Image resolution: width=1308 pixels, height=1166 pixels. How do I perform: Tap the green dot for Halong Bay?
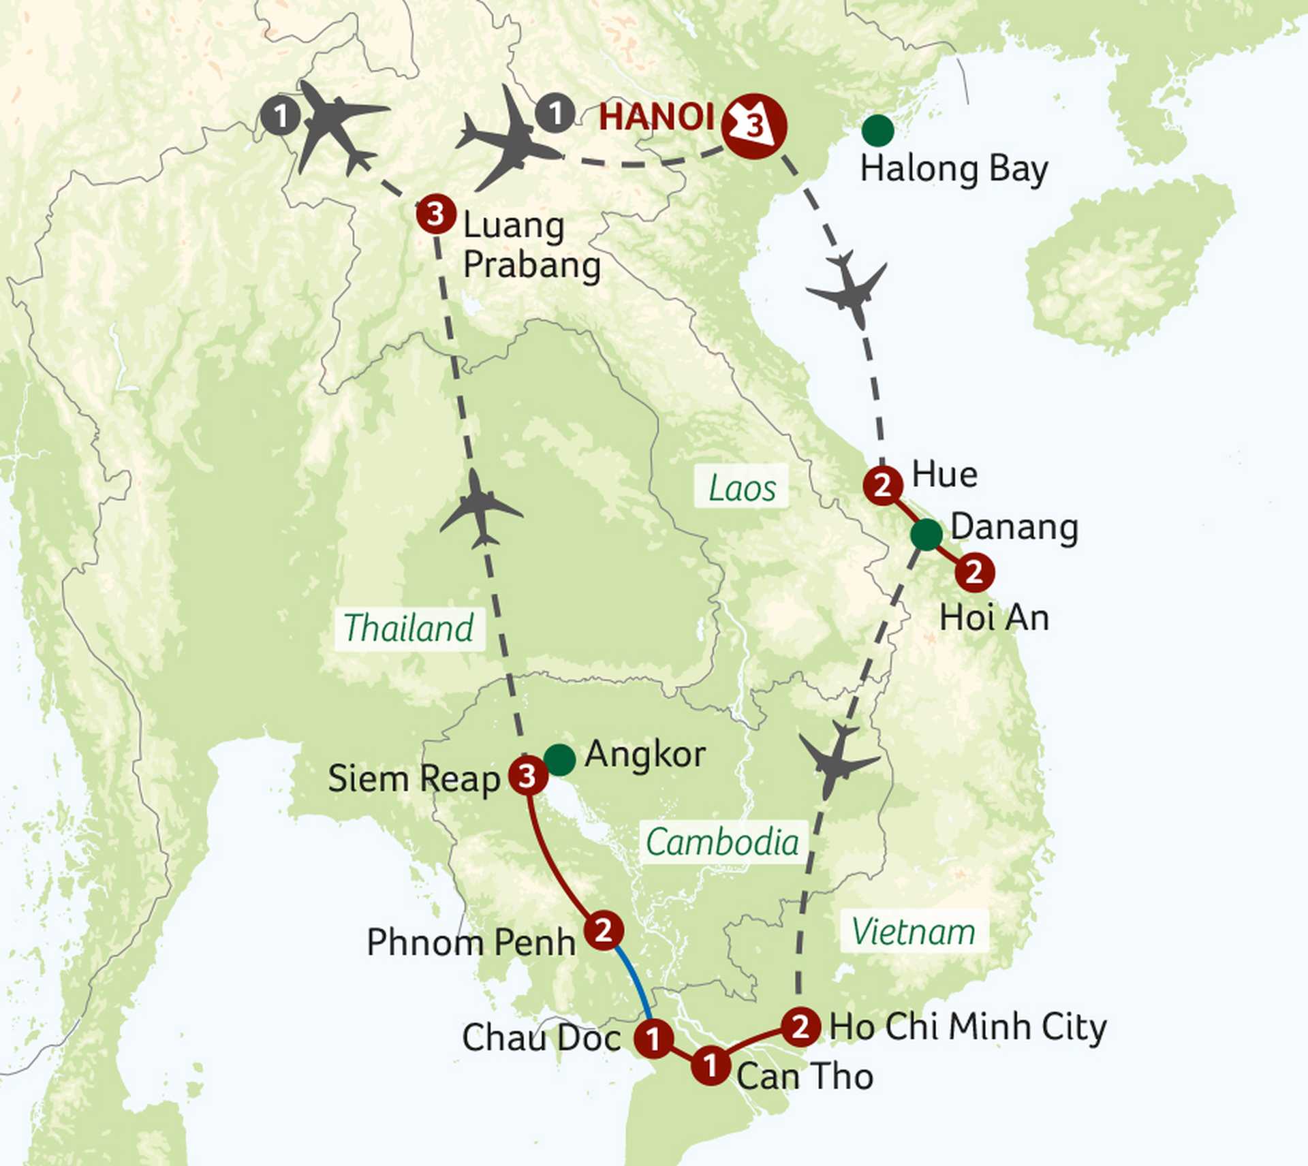[x=877, y=130]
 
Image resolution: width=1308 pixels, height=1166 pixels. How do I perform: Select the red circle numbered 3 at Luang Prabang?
[x=436, y=214]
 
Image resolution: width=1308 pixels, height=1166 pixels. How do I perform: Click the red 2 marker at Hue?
[x=883, y=486]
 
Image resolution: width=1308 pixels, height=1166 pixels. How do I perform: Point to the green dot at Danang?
[x=926, y=534]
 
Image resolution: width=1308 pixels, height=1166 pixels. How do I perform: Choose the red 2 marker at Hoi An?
[x=974, y=572]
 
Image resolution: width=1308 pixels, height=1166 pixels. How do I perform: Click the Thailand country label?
[x=409, y=628]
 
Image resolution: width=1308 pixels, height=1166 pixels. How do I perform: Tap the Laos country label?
[x=741, y=488]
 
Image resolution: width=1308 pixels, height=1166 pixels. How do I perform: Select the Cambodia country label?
[x=722, y=842]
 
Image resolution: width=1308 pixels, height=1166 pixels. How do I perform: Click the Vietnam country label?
[x=913, y=931]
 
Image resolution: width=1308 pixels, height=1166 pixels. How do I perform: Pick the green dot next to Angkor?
[x=559, y=759]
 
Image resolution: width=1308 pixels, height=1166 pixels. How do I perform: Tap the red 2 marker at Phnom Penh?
[x=604, y=930]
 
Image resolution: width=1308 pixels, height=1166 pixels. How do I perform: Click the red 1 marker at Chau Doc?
[x=653, y=1039]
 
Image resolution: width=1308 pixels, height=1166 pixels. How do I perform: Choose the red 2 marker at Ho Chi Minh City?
[x=800, y=1026]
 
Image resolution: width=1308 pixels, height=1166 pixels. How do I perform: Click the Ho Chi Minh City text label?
[x=967, y=1026]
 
